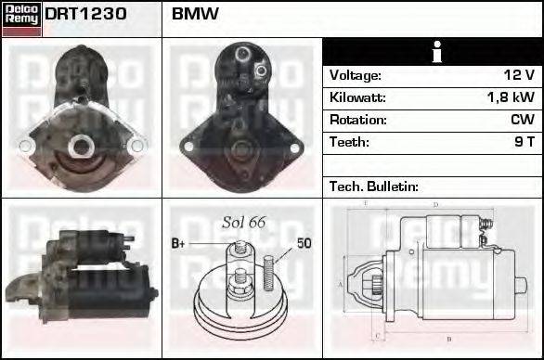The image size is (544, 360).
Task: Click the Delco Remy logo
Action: point(21,19)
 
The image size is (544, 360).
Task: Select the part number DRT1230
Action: point(86,15)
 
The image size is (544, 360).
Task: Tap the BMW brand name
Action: point(196,15)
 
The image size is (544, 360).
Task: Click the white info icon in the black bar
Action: point(432,52)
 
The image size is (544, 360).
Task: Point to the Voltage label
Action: point(356,75)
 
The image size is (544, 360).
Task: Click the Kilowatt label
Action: point(357,97)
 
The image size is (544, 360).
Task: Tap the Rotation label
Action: point(357,120)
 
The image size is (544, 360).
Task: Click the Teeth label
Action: point(349,142)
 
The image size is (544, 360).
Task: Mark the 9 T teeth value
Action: point(525,142)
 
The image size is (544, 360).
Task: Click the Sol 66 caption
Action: point(244,222)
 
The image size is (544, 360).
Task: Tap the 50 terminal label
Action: point(304,243)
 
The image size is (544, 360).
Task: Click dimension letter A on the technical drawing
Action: point(341,284)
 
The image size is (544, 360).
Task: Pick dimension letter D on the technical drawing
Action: point(434,204)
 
